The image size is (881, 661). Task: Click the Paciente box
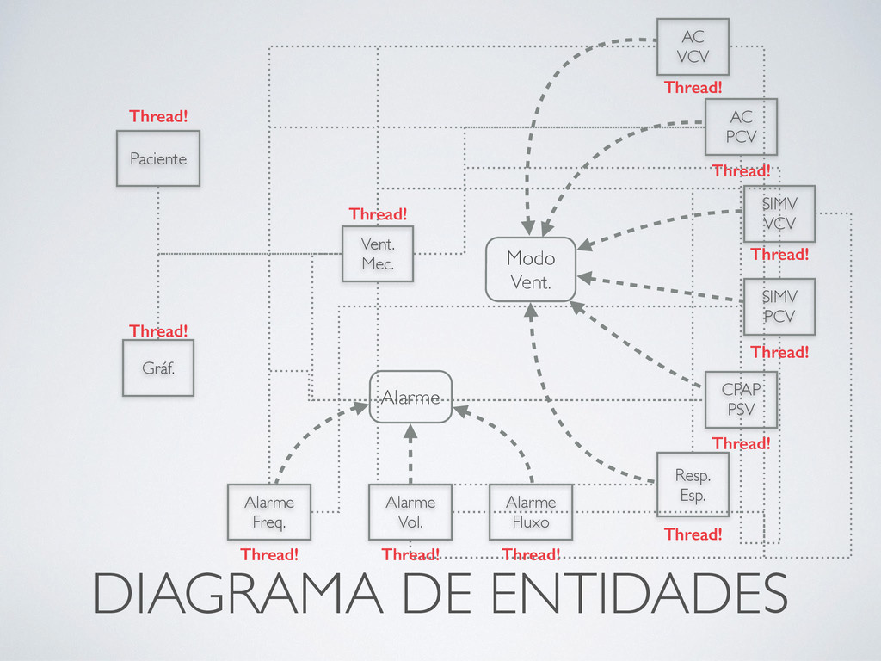158,158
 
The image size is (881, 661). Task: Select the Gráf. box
158,368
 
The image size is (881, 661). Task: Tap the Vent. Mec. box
378,254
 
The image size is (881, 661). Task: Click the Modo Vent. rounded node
531,269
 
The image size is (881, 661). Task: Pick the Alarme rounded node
410,397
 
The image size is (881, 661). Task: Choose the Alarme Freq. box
269,511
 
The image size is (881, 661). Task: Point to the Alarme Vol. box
410,511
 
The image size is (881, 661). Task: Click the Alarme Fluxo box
531,511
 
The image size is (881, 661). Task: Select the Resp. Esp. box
693,485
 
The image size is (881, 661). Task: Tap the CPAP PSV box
741,399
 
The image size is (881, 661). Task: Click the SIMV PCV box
779,306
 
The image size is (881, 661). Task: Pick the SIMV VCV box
779,213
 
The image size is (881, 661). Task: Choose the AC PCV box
741,127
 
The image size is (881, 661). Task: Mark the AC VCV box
693,46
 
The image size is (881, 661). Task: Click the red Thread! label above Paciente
158,116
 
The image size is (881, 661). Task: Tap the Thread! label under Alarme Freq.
269,554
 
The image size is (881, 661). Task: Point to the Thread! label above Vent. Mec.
378,213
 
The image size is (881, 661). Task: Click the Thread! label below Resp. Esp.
693,534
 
